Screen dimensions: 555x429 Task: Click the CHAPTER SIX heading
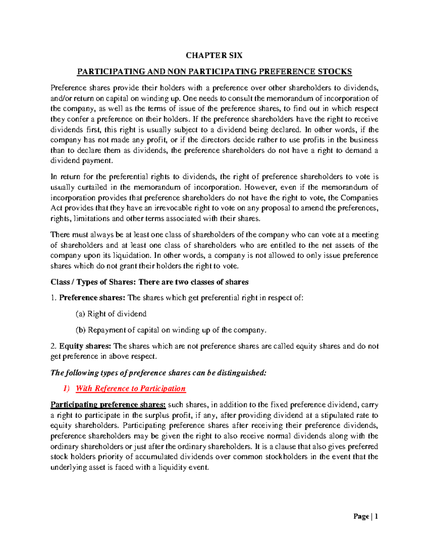pyautogui.click(x=214, y=55)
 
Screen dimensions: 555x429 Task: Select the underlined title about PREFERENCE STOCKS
pyautogui.click(x=214, y=72)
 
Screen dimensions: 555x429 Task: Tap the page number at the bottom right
pyautogui.click(x=366, y=516)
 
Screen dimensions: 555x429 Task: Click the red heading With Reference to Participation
pyautogui.click(x=131, y=388)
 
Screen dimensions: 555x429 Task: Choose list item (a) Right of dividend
pyautogui.click(x=111, y=314)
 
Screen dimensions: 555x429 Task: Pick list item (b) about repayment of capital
pyautogui.click(x=171, y=330)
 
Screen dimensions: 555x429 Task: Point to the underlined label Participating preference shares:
pyautogui.click(x=108, y=405)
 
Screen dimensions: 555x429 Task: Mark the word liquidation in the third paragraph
pyautogui.click(x=132, y=256)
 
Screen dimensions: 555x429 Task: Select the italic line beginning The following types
pyautogui.click(x=158, y=373)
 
